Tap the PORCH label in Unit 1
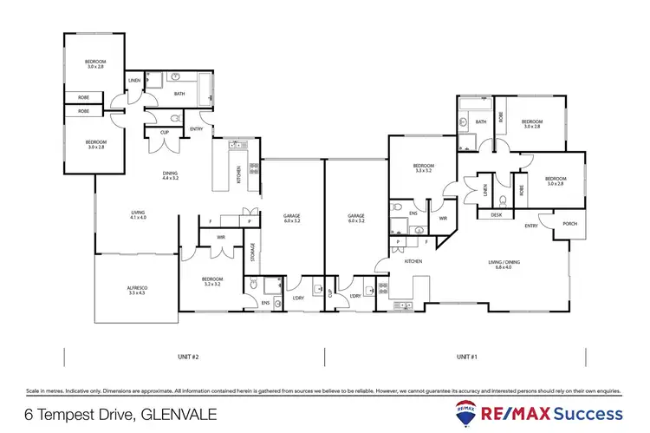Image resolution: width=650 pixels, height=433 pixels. click(x=569, y=223)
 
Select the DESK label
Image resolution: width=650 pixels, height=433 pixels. click(x=496, y=213)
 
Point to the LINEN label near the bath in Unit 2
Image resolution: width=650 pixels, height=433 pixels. click(x=134, y=81)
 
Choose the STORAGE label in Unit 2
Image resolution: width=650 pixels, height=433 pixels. click(x=252, y=253)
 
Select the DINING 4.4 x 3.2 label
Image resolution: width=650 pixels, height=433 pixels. click(x=170, y=176)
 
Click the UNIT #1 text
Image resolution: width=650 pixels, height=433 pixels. click(x=468, y=356)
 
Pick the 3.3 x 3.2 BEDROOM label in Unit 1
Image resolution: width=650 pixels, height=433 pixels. click(x=423, y=168)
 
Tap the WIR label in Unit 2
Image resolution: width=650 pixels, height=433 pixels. click(x=221, y=236)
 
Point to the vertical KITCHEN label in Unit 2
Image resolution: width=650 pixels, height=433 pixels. click(x=238, y=174)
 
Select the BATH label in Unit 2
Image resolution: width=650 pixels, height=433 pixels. click(x=179, y=94)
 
